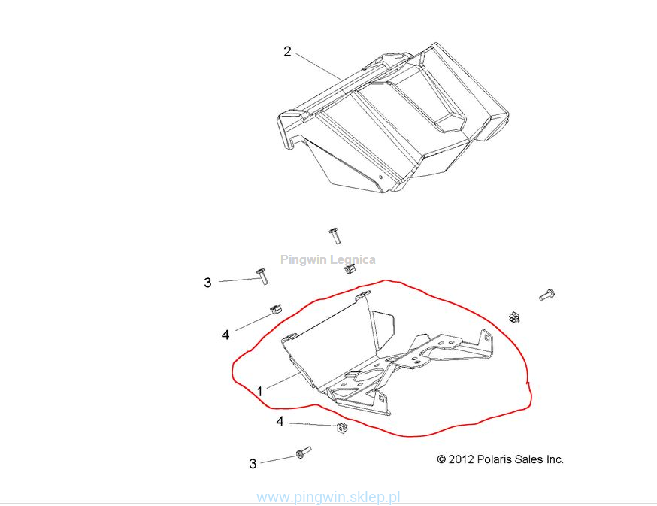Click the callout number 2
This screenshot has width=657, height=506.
click(x=287, y=52)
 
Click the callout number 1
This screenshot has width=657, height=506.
click(x=260, y=392)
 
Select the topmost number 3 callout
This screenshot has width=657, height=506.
click(x=207, y=283)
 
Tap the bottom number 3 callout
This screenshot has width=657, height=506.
click(x=253, y=464)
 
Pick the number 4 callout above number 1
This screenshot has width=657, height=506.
click(x=226, y=335)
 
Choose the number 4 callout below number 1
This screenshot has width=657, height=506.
click(x=280, y=421)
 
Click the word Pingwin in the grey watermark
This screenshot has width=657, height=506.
click(x=303, y=260)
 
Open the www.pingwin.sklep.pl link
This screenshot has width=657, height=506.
click(x=328, y=498)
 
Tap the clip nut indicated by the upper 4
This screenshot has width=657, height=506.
click(x=275, y=309)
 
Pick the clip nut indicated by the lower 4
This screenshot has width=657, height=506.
click(x=342, y=429)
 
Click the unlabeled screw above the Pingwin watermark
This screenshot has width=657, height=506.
click(x=335, y=235)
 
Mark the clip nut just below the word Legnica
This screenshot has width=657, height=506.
click(x=350, y=268)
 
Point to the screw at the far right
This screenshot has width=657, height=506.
click(x=546, y=295)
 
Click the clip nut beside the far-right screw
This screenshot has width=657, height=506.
click(x=514, y=317)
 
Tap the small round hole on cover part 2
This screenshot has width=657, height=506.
click(x=380, y=177)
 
